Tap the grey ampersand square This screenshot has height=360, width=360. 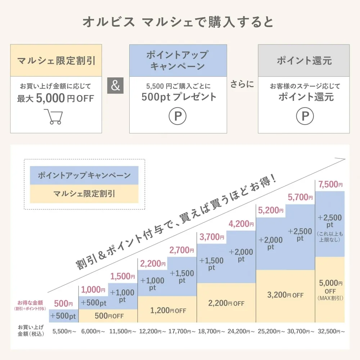coord(116,86)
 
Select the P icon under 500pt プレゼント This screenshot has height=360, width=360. coord(177,116)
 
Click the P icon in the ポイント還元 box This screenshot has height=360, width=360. coord(305,116)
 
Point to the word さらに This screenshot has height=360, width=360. coord(242,85)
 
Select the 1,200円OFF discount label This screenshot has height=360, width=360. coord(167,310)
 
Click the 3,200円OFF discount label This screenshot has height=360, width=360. coord(285,295)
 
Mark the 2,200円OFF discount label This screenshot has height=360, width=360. coord(226,303)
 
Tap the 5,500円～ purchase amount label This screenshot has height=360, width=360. coord(64,331)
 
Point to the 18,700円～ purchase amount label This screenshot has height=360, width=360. coord(212,331)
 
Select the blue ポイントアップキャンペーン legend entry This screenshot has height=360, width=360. coord(84,176)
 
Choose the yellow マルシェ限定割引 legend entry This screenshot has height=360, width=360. coord(84,194)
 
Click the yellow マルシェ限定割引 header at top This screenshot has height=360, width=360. coord(56,60)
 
